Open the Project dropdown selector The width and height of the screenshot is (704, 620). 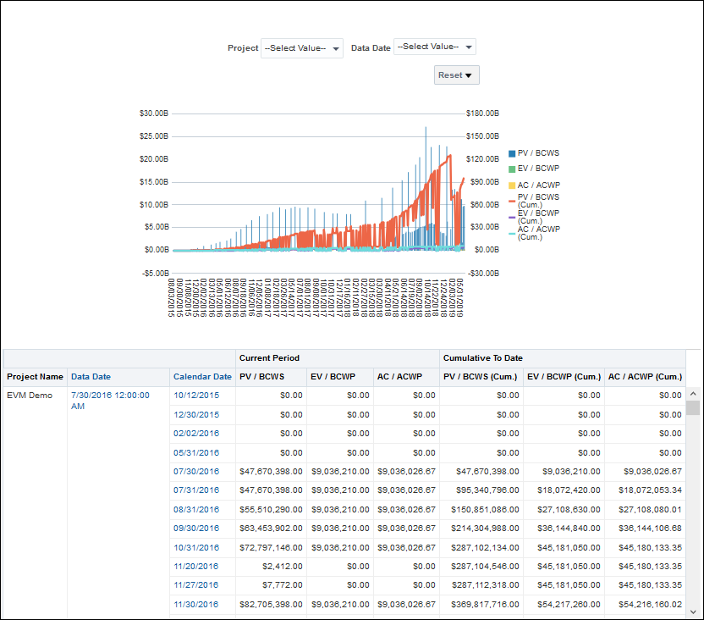pos(302,47)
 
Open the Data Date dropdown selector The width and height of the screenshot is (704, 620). pos(435,47)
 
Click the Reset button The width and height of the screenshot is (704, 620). pos(457,75)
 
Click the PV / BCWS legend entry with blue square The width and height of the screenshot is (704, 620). pos(533,153)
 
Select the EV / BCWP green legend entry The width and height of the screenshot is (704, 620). pos(533,169)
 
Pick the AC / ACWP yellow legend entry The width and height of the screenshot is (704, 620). pos(533,185)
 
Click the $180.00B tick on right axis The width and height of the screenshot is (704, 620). pos(482,113)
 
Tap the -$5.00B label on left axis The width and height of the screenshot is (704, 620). pos(155,273)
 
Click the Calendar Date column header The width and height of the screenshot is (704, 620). pos(202,377)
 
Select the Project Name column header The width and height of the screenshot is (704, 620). pos(35,377)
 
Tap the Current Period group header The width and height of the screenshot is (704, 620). pos(269,358)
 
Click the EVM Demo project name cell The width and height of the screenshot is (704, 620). pos(29,396)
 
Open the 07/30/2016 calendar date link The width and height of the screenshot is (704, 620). pos(196,472)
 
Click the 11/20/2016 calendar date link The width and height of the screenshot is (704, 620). pos(196,567)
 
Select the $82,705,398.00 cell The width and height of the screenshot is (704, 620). pos(272,605)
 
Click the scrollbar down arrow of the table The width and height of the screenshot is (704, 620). pos(693,612)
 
